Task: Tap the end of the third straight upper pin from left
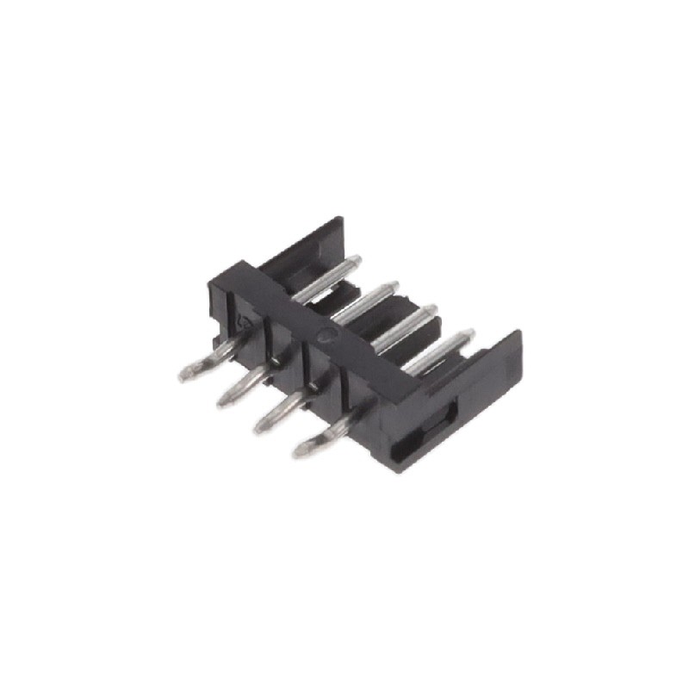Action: [x=431, y=307]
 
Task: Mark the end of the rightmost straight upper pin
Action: [x=469, y=332]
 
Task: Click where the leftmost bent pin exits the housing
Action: [x=237, y=343]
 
